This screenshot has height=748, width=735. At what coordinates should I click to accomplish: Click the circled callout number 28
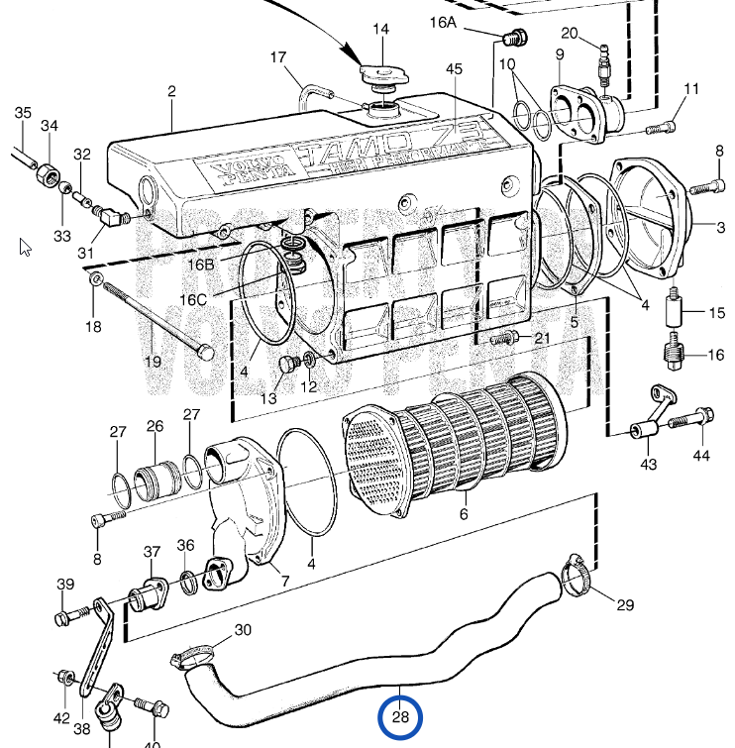[x=400, y=719]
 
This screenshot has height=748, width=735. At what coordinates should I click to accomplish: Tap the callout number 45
[x=455, y=69]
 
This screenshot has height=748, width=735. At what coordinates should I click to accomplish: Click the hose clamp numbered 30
[x=198, y=654]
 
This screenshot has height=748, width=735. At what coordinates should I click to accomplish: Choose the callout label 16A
[x=443, y=21]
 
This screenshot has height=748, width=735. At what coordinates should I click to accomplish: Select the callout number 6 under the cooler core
[x=463, y=514]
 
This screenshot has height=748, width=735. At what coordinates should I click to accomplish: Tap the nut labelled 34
[x=46, y=179]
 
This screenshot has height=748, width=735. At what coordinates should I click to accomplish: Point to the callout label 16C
[x=193, y=299]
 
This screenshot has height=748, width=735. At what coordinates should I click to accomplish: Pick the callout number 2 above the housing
[x=171, y=92]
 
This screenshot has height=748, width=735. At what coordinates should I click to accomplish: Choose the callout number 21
[x=542, y=338]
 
